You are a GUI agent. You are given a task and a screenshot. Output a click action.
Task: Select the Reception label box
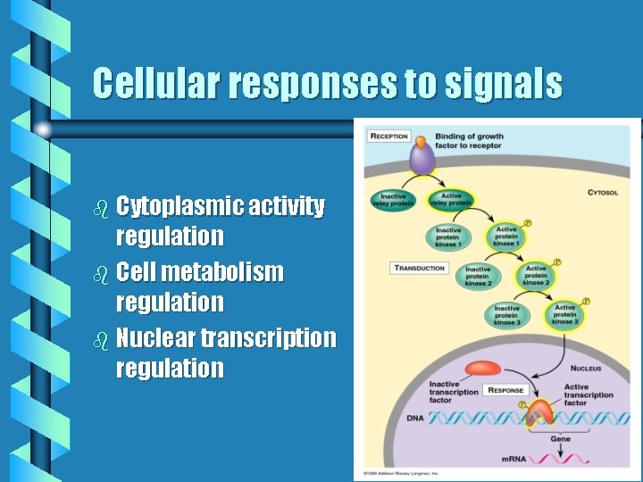[388, 137]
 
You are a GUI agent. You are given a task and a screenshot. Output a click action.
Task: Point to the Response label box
[505, 390]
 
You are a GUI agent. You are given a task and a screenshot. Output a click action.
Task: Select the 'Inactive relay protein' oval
[394, 199]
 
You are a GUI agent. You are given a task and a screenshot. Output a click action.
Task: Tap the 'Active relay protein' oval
[450, 199]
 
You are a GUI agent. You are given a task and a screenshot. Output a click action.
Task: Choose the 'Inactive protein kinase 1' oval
[448, 237]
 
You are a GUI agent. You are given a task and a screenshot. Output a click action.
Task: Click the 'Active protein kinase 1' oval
[505, 237]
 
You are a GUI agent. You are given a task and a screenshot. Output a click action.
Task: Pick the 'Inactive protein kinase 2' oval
[478, 276]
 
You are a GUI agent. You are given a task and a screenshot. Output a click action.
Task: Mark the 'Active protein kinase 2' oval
[536, 275]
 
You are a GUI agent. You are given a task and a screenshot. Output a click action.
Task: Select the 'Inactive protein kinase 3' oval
[506, 315]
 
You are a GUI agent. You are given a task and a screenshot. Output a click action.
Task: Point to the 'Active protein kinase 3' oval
[564, 314]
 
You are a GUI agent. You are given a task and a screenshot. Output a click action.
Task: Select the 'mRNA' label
[512, 459]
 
